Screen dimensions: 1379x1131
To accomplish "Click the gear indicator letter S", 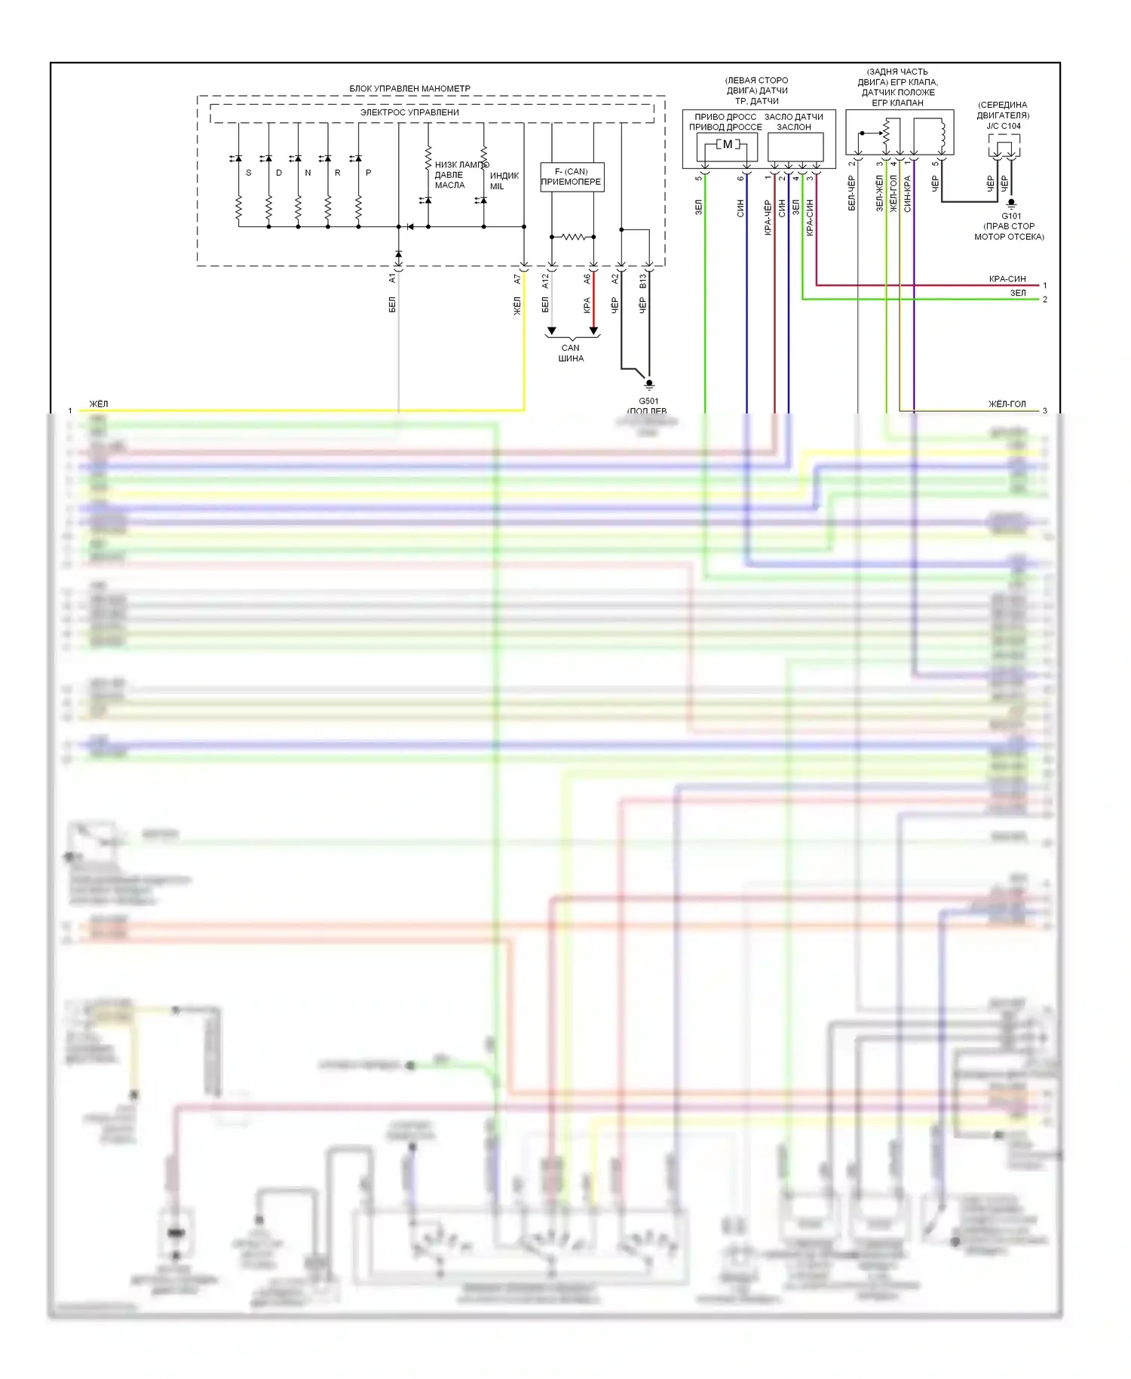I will click(x=249, y=173).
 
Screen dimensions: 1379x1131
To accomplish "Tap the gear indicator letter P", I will click(x=369, y=173).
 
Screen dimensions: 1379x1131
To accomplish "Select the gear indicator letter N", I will click(x=308, y=173).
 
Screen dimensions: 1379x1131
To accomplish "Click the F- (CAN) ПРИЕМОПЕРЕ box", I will click(x=572, y=177).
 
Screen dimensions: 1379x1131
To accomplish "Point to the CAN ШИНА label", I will click(x=571, y=353).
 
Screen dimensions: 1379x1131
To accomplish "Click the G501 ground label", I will click(x=648, y=401).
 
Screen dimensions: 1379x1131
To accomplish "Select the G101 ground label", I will click(x=1011, y=217).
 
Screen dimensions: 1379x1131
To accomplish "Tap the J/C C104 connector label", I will click(x=1004, y=126).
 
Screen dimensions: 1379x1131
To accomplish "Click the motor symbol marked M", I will click(x=728, y=144).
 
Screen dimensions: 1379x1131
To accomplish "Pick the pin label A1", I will click(x=392, y=278).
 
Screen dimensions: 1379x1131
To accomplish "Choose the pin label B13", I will click(x=643, y=281).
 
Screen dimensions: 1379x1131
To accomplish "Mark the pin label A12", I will click(x=546, y=281).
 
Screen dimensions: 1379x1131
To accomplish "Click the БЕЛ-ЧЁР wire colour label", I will click(x=852, y=193).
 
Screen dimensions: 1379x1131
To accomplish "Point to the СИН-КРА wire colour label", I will click(x=908, y=193).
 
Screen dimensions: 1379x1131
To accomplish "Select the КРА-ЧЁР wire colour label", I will click(x=768, y=217).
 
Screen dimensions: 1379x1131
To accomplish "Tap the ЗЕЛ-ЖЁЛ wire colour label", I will click(x=879, y=193).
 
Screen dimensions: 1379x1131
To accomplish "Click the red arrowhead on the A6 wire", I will click(x=593, y=330).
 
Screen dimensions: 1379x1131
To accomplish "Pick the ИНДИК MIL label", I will click(x=504, y=181).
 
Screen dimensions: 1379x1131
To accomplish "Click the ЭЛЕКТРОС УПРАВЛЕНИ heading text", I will click(x=409, y=112).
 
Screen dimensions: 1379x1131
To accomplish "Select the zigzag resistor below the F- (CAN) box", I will click(x=573, y=237).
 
